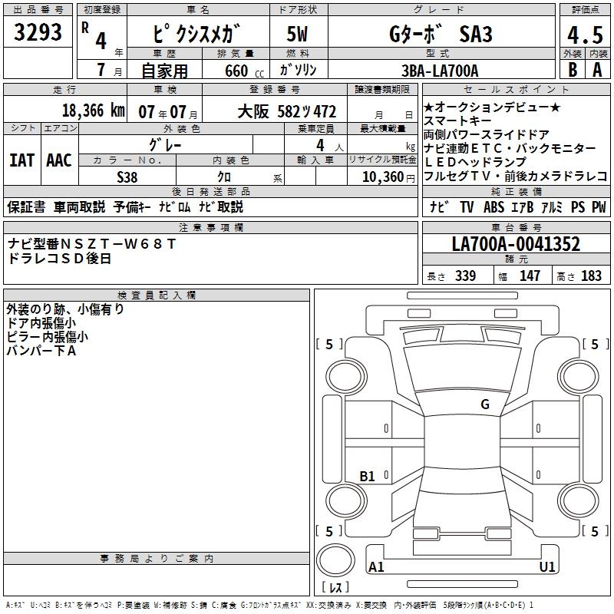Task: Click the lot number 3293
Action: tap(38, 32)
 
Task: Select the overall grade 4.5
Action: tap(585, 35)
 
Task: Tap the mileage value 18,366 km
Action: tap(94, 111)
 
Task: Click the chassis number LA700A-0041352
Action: tap(516, 243)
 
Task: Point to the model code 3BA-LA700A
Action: tap(440, 71)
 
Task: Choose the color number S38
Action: tap(127, 177)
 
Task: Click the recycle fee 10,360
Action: tap(383, 177)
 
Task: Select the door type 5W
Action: tap(297, 34)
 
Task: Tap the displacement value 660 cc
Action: tap(244, 71)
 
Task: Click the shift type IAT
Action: tap(21, 160)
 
